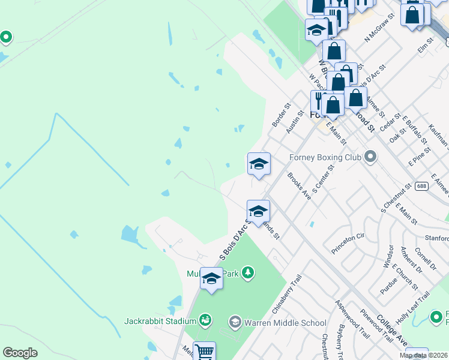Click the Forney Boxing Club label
click(325, 157)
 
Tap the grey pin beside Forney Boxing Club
click(370, 157)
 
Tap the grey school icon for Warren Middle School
click(235, 323)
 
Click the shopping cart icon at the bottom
click(204, 351)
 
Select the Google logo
click(20, 353)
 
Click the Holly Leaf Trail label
click(414, 305)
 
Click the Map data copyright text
click(423, 355)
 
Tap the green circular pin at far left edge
click(6, 38)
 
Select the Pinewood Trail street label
click(376, 326)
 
